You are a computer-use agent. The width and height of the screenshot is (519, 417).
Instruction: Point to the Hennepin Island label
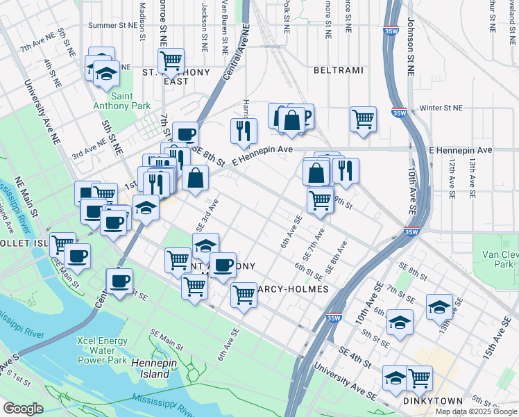coord(150,368)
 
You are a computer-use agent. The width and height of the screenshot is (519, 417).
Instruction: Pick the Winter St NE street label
coord(441,108)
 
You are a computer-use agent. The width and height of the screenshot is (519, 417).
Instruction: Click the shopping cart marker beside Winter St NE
coord(363,119)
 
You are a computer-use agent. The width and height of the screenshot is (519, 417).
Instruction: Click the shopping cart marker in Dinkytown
coord(419,377)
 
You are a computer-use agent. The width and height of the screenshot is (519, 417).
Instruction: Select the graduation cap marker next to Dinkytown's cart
coord(395,377)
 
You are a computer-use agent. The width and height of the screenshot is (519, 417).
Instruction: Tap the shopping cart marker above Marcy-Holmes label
coord(244,295)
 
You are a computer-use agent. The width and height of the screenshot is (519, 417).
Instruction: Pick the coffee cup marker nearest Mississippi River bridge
coord(120,281)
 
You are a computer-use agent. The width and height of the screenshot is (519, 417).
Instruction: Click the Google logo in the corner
coord(24,408)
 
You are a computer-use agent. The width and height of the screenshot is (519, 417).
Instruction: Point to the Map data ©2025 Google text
coord(475,411)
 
